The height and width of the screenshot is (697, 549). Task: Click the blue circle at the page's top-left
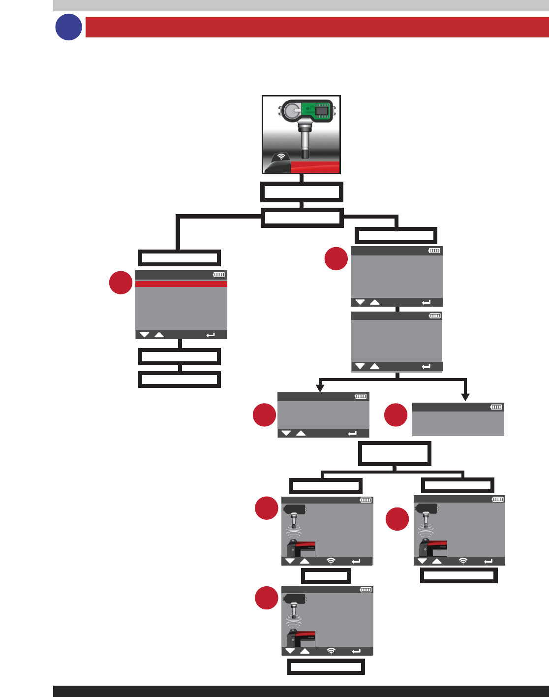pyautogui.click(x=68, y=27)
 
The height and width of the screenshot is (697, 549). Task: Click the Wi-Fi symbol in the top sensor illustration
pyautogui.click(x=281, y=157)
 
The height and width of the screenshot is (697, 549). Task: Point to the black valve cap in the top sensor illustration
pyautogui.click(x=305, y=155)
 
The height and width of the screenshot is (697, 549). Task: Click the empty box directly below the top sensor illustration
pyautogui.click(x=302, y=192)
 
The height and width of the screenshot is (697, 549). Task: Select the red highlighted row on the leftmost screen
pyautogui.click(x=181, y=284)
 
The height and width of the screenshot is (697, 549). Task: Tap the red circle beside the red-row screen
pyautogui.click(x=121, y=283)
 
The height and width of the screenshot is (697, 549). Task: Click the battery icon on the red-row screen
pyautogui.click(x=219, y=275)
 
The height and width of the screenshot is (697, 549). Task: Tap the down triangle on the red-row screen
pyautogui.click(x=144, y=335)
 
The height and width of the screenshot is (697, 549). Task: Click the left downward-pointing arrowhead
pyautogui.click(x=320, y=388)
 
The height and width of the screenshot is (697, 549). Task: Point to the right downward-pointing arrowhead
pyautogui.click(x=465, y=397)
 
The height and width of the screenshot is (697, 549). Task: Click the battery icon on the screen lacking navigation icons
pyautogui.click(x=496, y=407)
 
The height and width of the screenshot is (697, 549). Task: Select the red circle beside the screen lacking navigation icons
pyautogui.click(x=396, y=415)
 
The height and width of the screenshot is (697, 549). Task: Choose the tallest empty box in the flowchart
pyautogui.click(x=395, y=453)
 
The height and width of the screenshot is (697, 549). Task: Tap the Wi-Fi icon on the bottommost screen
pyautogui.click(x=331, y=651)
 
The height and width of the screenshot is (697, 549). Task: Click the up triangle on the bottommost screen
pyautogui.click(x=305, y=651)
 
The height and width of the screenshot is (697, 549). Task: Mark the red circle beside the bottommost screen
pyautogui.click(x=266, y=598)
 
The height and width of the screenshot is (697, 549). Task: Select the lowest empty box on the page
pyautogui.click(x=326, y=667)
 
